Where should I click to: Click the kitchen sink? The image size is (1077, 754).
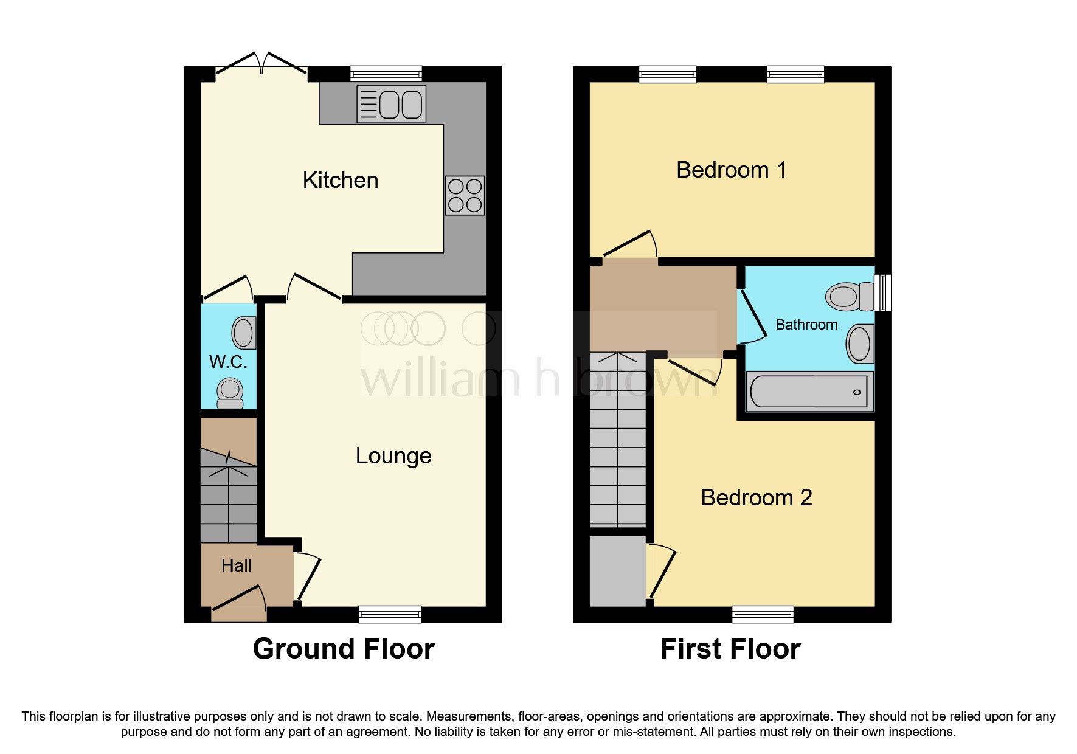392,105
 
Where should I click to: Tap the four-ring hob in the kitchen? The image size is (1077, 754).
465,196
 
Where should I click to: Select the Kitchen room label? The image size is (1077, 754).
341,181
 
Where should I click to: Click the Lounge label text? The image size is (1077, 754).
393,456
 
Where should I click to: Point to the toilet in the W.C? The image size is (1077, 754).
230,392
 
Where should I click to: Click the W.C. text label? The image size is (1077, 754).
228,362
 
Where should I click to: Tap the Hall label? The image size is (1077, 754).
237,566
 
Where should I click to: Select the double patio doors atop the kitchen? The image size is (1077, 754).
261,64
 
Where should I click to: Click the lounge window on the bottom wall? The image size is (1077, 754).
390,614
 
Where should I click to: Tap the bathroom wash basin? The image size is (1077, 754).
859,344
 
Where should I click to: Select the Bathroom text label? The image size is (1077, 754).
806,325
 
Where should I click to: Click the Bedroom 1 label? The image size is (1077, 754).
732,170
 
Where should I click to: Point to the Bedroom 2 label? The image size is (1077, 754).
756,498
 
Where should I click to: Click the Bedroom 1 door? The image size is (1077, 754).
631,246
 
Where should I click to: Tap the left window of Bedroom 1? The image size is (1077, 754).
667,74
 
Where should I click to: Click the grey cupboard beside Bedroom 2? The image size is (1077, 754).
617,570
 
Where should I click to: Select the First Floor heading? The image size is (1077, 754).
730,649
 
